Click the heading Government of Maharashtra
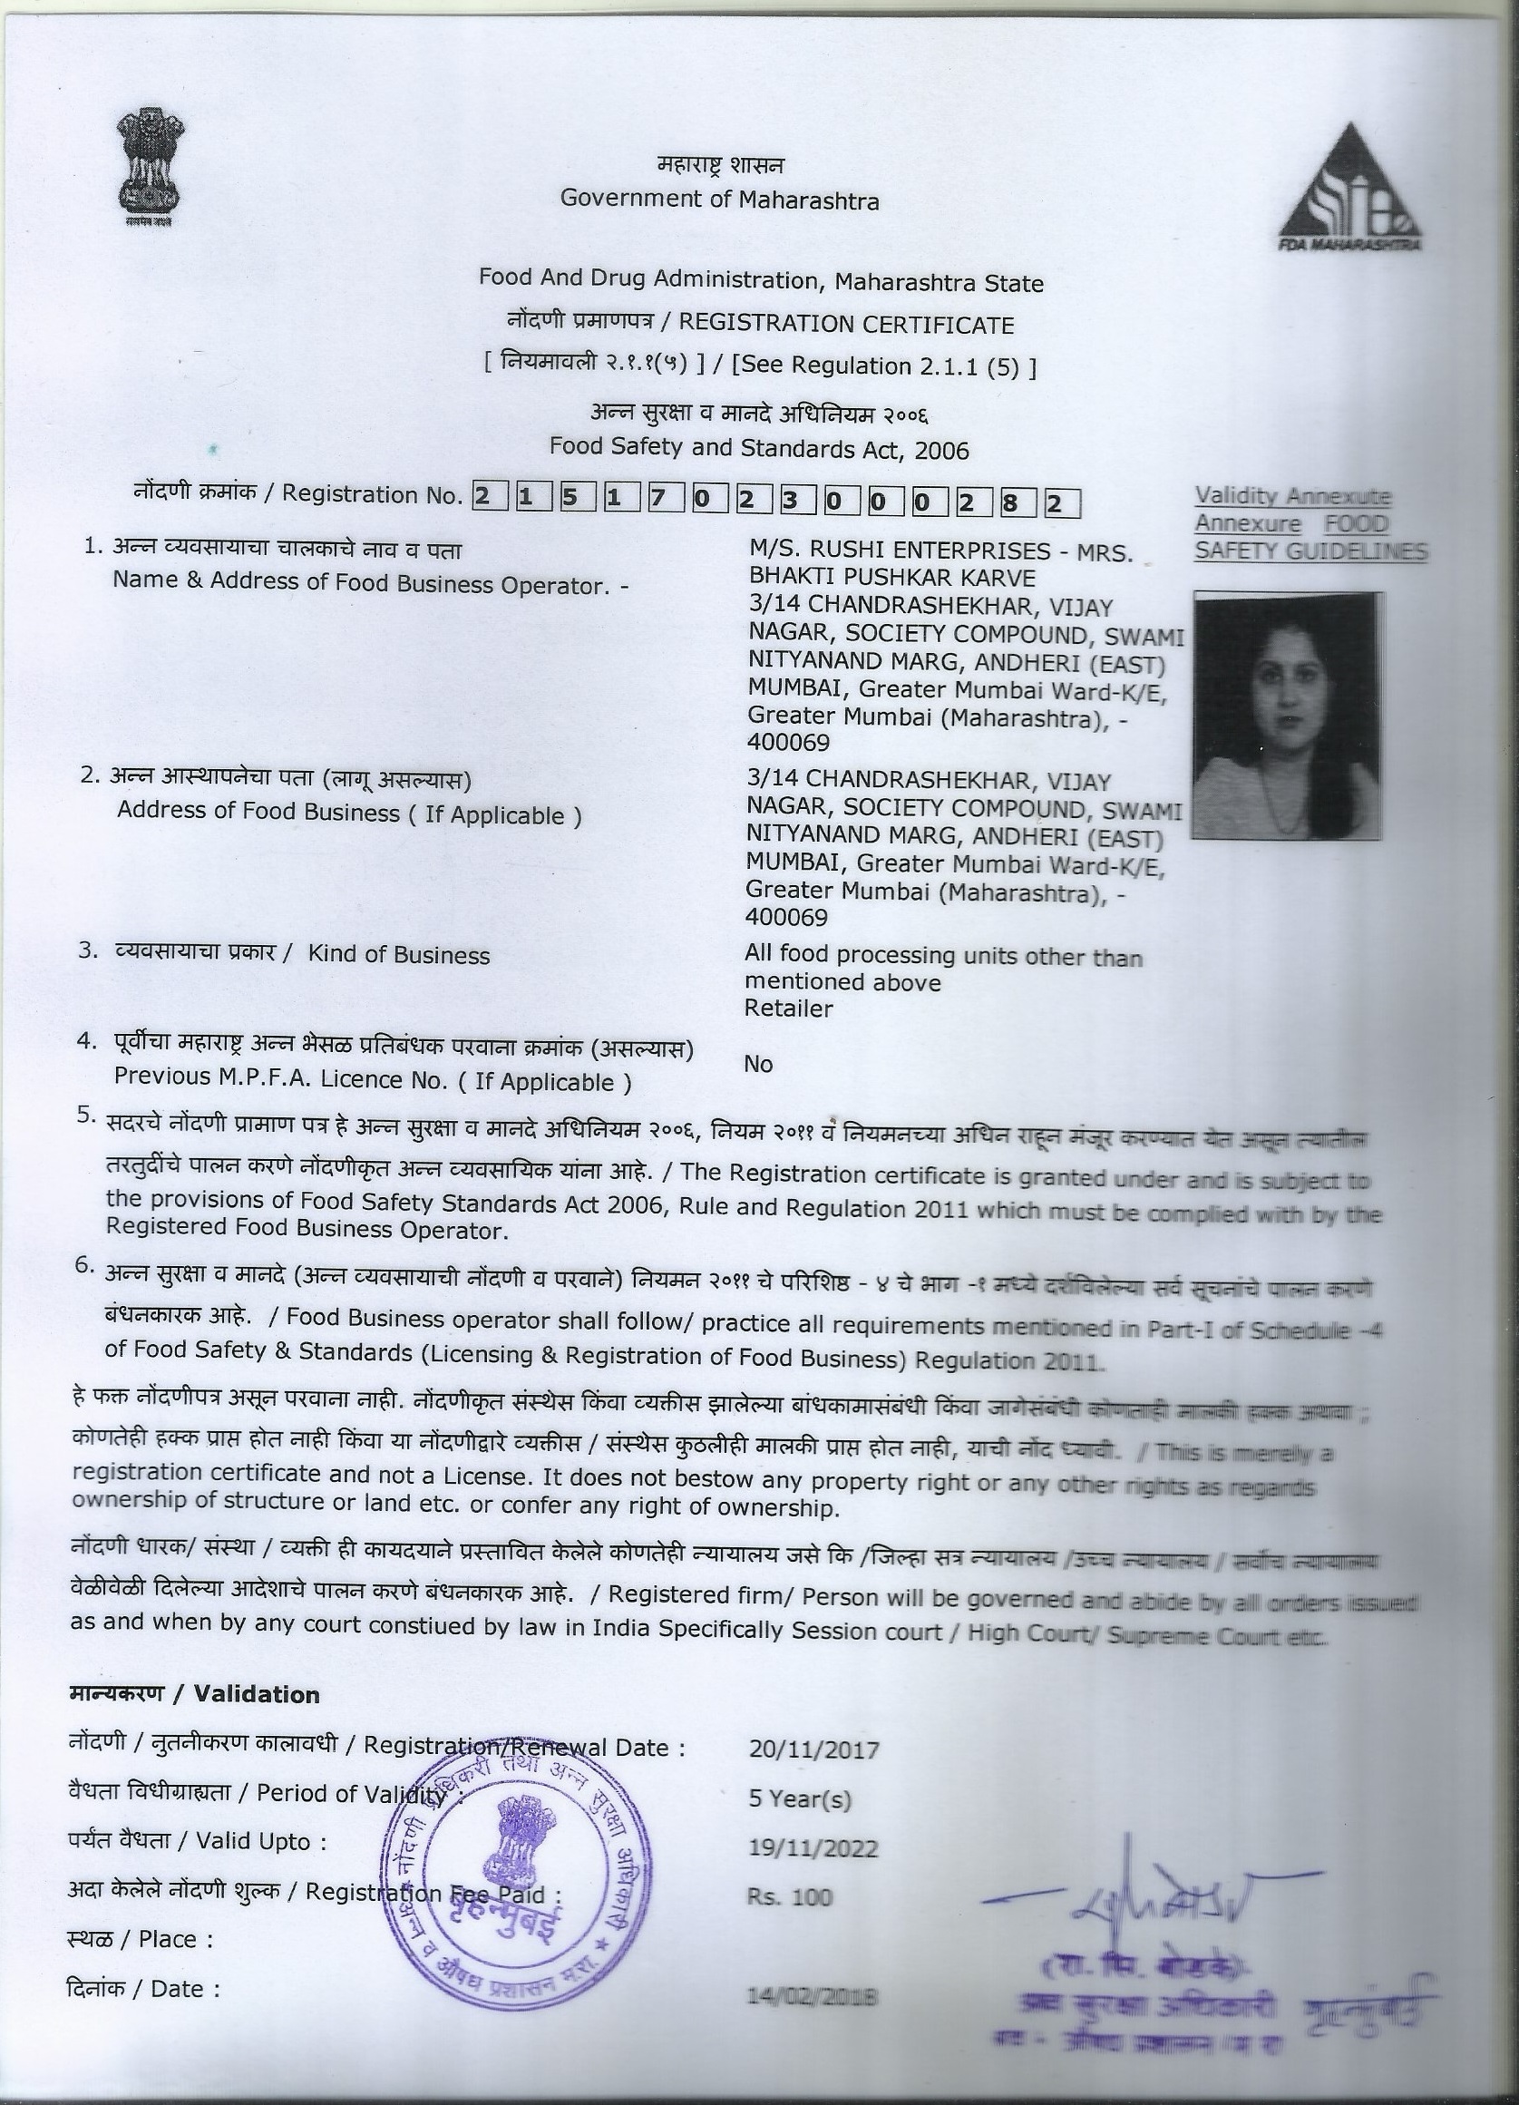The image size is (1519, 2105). pos(719,199)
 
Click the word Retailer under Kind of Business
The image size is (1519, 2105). pos(788,1008)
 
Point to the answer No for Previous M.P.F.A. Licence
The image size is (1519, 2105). pos(758,1064)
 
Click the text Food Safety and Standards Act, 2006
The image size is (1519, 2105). pos(758,449)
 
